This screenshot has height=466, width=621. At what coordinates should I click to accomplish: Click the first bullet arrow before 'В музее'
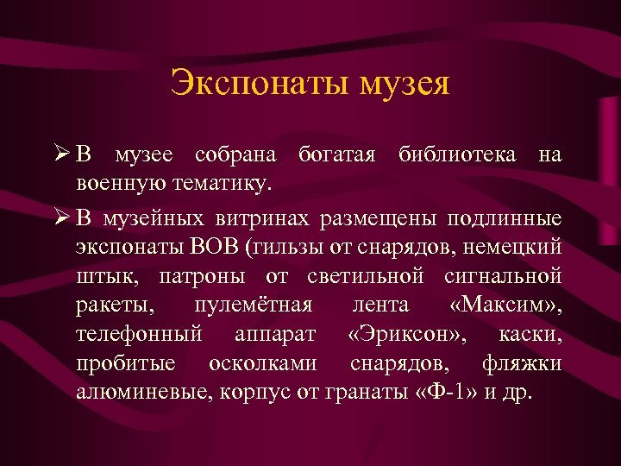click(x=60, y=156)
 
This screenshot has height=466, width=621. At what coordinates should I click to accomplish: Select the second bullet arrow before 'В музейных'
click(x=60, y=217)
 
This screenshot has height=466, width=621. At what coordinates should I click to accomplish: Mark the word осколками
click(x=262, y=363)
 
